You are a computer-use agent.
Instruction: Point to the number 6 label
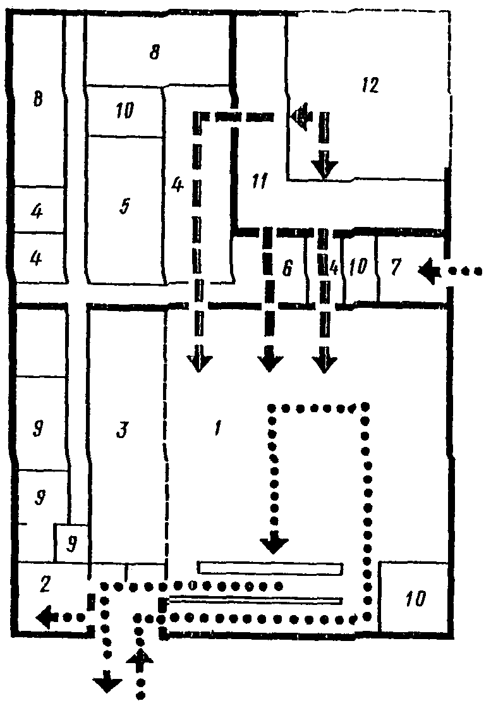[287, 269]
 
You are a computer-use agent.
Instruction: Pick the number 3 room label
[123, 430]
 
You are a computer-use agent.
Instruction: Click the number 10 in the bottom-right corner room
[415, 597]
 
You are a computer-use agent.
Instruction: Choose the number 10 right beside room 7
[358, 268]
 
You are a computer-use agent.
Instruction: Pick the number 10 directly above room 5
[124, 112]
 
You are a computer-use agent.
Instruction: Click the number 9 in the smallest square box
[72, 544]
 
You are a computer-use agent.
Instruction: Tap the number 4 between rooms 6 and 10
[332, 268]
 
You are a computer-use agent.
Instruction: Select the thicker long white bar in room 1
[270, 568]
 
